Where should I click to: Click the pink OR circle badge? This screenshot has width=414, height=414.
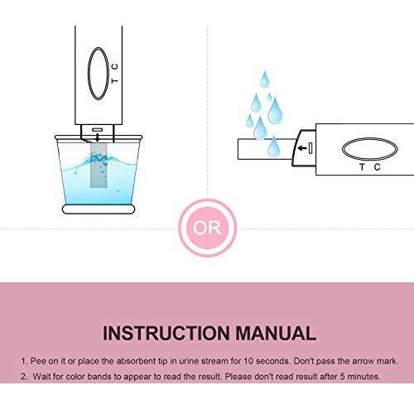[x=207, y=228]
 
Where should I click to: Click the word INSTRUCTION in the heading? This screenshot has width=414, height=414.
[x=166, y=333]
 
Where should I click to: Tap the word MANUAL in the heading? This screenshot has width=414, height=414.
[x=276, y=333]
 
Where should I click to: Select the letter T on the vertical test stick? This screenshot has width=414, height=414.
[x=115, y=80]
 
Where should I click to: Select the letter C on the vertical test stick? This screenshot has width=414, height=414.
[x=115, y=66]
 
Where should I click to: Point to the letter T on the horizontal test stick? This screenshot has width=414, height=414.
[x=362, y=167]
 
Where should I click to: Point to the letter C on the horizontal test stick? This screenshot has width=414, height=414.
[x=378, y=167]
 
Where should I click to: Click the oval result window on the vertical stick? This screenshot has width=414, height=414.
[x=88, y=74]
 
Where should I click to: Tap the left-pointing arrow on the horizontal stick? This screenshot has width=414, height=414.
[x=303, y=148]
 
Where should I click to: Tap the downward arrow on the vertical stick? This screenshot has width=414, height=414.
[x=97, y=137]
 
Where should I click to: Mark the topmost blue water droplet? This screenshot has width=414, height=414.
[x=264, y=79]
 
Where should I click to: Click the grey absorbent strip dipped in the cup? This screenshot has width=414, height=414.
[x=99, y=165]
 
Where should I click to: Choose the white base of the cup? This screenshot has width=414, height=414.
[x=99, y=209]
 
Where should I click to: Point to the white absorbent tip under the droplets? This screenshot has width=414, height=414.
[x=266, y=149]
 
